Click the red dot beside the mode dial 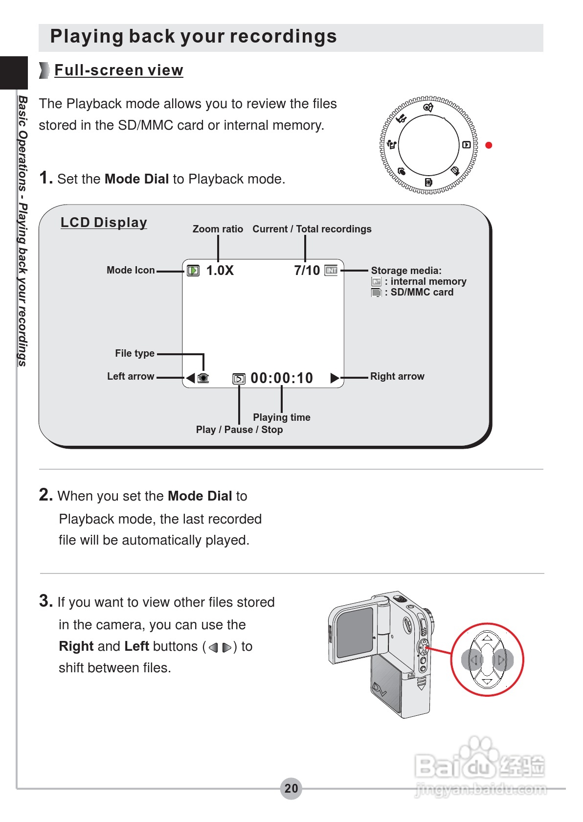pyautogui.click(x=489, y=145)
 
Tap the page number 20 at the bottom pyautogui.click(x=291, y=788)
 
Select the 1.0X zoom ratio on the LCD pyautogui.click(x=220, y=271)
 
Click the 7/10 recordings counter pyautogui.click(x=307, y=271)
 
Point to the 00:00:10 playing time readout pyautogui.click(x=282, y=378)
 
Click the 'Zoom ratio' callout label pyautogui.click(x=218, y=229)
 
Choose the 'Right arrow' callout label pyautogui.click(x=397, y=376)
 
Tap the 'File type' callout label pyautogui.click(x=135, y=353)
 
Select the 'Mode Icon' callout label pyautogui.click(x=131, y=270)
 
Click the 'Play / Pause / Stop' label pyautogui.click(x=239, y=430)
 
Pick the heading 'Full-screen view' pyautogui.click(x=118, y=70)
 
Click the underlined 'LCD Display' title pyautogui.click(x=104, y=223)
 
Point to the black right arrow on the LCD pyautogui.click(x=335, y=378)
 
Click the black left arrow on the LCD pyautogui.click(x=190, y=378)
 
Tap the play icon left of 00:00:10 pyautogui.click(x=239, y=379)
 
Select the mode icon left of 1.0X pyautogui.click(x=193, y=271)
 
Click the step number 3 pyautogui.click(x=45, y=601)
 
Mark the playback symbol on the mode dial pyautogui.click(x=466, y=145)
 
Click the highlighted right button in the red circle pyautogui.click(x=502, y=660)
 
